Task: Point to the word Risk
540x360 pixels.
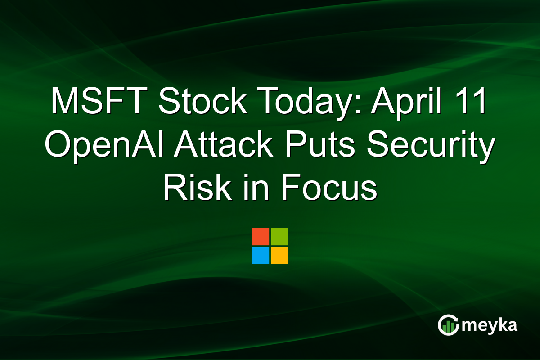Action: (192, 188)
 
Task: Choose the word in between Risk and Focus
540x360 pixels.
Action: (249, 188)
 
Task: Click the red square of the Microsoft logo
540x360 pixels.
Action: (261, 237)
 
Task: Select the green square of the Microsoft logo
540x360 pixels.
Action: (279, 237)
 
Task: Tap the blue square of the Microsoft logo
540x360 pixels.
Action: (261, 256)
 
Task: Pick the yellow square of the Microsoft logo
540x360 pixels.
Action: (279, 256)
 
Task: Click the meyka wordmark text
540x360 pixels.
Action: (490, 325)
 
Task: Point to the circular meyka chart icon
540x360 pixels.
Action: (448, 325)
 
